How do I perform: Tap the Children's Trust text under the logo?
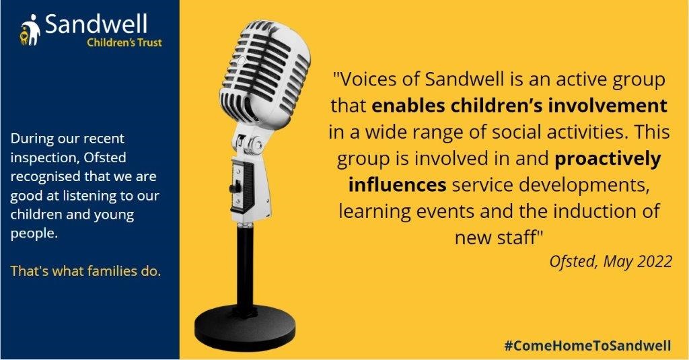click(124, 42)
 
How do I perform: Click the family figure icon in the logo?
click(30, 30)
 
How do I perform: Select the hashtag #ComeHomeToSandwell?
click(587, 345)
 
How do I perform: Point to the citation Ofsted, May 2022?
click(610, 262)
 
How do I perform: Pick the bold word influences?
click(397, 184)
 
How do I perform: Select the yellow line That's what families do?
click(85, 271)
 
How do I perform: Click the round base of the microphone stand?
click(245, 328)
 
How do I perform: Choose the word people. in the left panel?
click(34, 234)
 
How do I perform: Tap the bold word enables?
click(404, 106)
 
